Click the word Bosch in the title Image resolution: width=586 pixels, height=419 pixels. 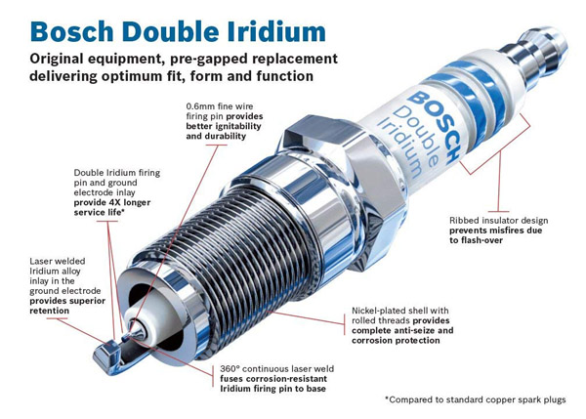point(51,21)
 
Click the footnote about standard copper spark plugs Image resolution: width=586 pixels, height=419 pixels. point(480,399)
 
